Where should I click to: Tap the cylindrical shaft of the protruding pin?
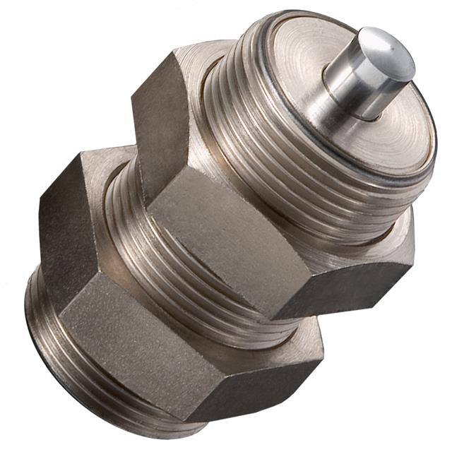353,88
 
